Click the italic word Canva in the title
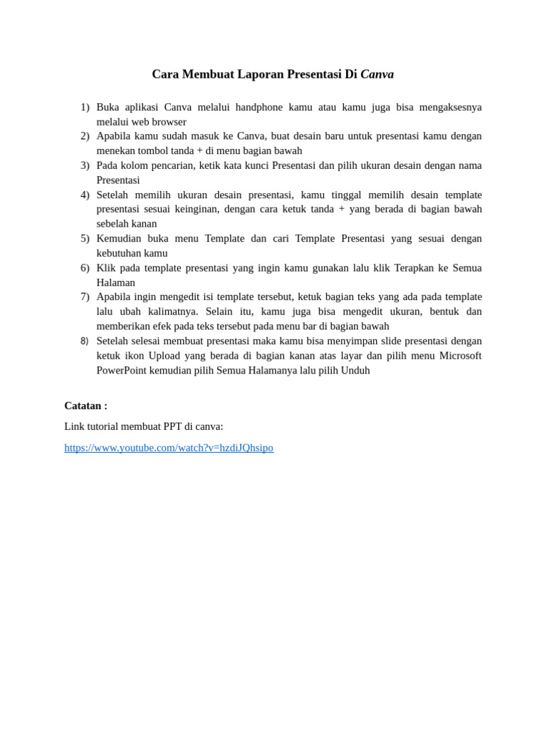pos(377,74)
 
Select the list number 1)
pos(85,107)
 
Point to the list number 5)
pos(85,238)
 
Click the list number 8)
pos(85,341)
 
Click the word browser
pos(169,122)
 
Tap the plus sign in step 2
pos(199,150)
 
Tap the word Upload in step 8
pos(164,356)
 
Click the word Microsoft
pos(460,356)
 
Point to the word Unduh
pos(355,370)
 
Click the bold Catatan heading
pos(85,406)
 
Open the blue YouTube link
pos(169,448)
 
